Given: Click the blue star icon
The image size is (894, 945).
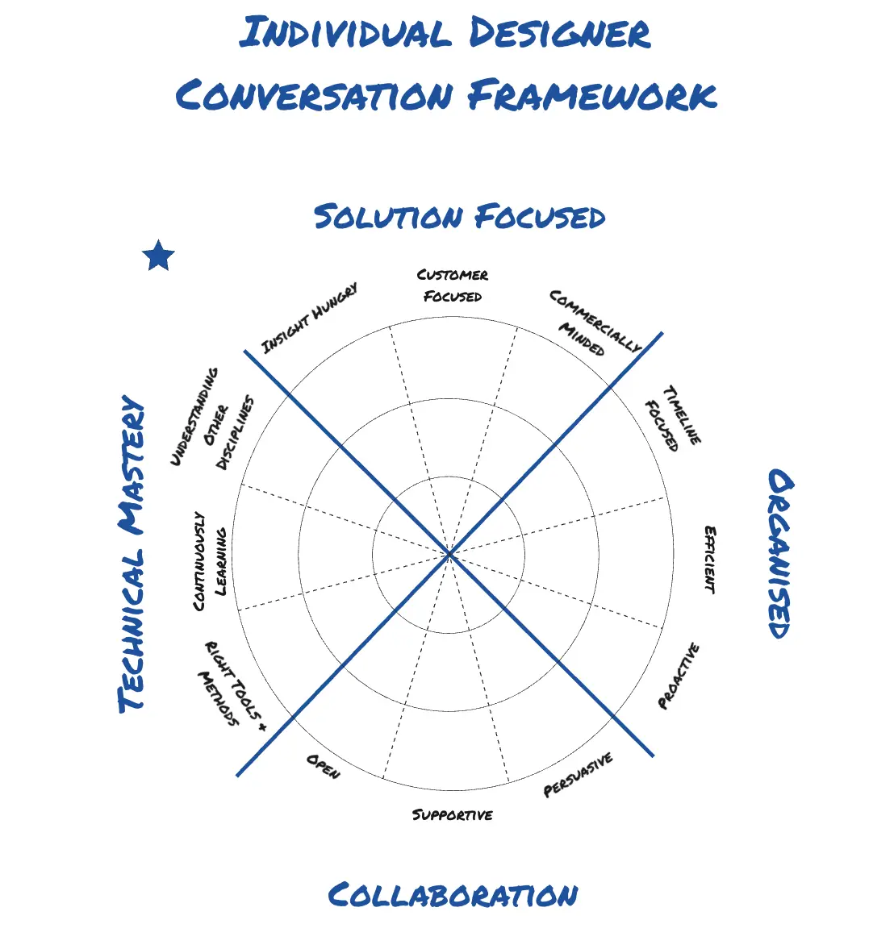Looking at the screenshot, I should (158, 256).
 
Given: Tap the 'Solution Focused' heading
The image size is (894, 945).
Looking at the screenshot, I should (459, 217).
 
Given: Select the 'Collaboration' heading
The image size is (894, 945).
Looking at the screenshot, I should (453, 895).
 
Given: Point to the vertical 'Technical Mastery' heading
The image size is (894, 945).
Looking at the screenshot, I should (133, 555).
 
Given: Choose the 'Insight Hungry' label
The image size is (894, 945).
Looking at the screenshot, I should (310, 318).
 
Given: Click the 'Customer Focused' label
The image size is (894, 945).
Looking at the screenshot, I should (453, 285).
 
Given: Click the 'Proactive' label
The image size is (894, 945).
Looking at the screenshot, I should (679, 676).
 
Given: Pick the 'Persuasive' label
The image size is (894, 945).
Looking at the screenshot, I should (579, 775).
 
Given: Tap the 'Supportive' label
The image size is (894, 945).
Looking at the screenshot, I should (453, 814).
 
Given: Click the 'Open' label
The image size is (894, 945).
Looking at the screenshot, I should (323, 766).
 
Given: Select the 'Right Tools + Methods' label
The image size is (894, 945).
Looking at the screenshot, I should (229, 686).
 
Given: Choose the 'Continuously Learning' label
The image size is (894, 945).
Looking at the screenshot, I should (210, 561).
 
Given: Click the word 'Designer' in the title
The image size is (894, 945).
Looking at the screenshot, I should (559, 34).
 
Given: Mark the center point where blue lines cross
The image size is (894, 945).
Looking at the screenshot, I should (449, 555).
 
